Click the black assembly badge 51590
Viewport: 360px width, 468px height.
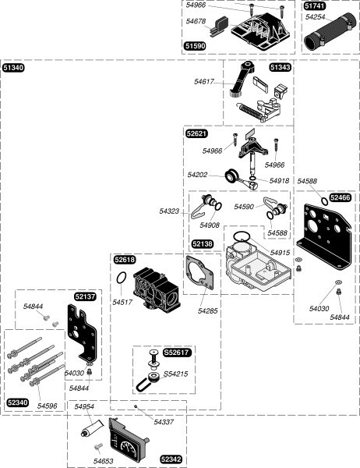click(196, 46)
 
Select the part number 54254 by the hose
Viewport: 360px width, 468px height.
click(315, 17)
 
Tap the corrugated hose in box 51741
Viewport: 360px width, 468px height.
click(330, 32)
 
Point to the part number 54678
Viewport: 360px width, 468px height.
click(196, 21)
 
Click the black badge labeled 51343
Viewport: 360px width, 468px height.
click(281, 67)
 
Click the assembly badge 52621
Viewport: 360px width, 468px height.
click(197, 133)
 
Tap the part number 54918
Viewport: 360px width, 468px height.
click(279, 181)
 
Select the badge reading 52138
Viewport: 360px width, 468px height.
click(203, 244)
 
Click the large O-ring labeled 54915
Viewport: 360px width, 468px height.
click(242, 236)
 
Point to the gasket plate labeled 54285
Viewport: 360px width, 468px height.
click(199, 272)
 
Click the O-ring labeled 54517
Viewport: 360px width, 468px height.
click(122, 278)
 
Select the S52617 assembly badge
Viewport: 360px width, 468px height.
click(177, 353)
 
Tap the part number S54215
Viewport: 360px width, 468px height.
click(175, 374)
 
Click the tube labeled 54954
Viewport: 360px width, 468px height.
click(92, 428)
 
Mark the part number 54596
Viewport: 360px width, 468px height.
click(47, 406)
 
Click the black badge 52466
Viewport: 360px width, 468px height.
click(340, 197)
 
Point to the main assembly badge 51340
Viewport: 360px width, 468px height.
click(13, 68)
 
